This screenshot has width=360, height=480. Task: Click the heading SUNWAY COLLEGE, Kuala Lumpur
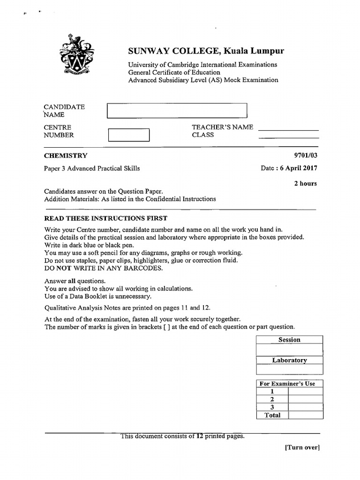click(206, 51)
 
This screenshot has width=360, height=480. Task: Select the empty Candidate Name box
click(177, 111)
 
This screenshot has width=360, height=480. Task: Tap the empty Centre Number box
click(128, 135)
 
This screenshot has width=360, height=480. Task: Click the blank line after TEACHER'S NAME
click(288, 129)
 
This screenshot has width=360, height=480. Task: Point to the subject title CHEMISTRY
click(65, 156)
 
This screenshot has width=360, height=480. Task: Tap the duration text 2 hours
click(305, 183)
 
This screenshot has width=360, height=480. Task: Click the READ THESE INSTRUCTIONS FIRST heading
click(105, 218)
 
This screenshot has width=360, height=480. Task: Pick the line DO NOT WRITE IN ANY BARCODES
click(103, 268)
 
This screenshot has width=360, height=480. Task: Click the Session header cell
click(289, 340)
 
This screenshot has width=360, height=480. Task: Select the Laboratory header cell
click(289, 360)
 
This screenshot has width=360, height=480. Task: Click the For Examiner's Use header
click(287, 383)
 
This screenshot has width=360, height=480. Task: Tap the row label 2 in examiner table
click(272, 399)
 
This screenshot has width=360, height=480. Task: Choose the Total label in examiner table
click(272, 415)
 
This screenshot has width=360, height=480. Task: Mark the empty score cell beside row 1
click(306, 391)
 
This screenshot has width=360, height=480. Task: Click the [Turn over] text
click(302, 448)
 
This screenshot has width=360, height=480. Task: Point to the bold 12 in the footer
click(199, 436)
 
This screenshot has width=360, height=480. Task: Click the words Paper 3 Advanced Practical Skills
click(92, 168)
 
